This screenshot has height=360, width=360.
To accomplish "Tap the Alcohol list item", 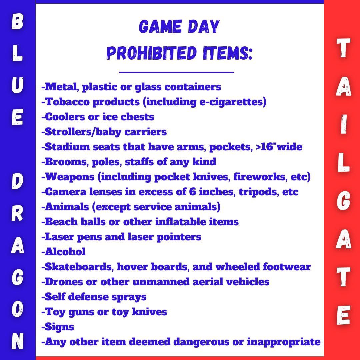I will click(x=64, y=252).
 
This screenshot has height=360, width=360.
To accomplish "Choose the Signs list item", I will click(x=59, y=327).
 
